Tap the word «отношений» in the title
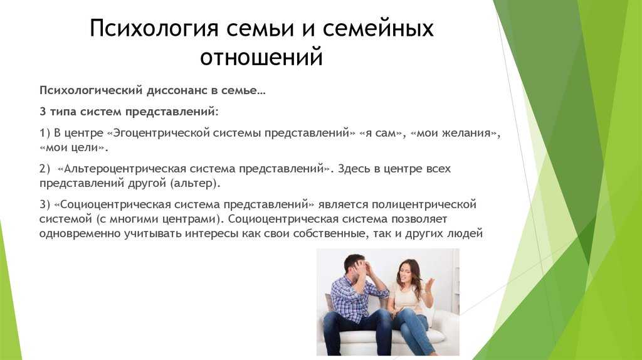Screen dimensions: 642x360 (261, 56)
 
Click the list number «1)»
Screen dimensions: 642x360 (45, 133)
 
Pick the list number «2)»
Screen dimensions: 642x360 (45, 169)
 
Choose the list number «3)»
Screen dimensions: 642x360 (45, 204)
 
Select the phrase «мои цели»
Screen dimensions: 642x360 (72, 147)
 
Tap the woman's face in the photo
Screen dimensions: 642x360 (403, 273)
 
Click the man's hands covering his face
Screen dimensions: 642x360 (364, 268)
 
